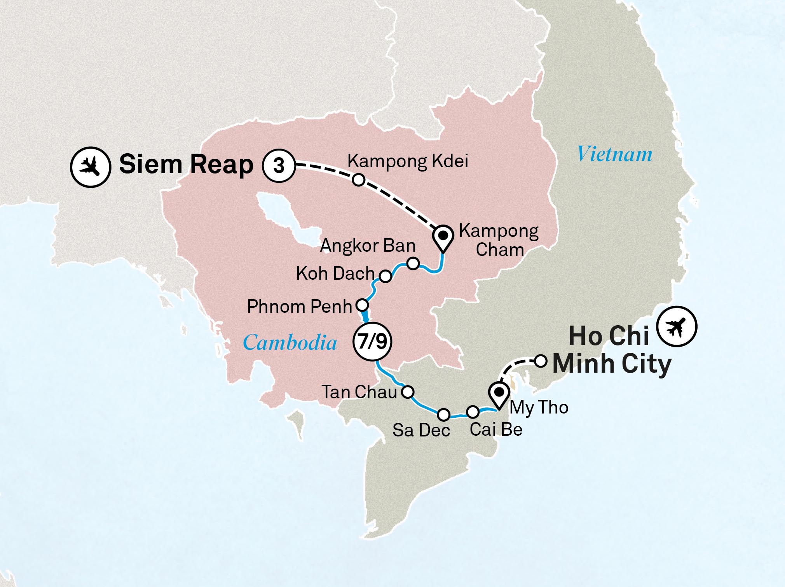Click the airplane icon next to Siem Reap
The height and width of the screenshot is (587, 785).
pos(91,167)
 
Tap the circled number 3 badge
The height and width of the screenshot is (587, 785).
pos(279,166)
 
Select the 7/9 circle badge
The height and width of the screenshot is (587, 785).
pos(372,342)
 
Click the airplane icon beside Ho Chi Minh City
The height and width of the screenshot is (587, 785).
pos(677,326)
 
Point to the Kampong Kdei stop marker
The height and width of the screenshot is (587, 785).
pos(358,180)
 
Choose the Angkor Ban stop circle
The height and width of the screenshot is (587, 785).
pos(413,263)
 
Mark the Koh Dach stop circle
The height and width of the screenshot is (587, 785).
pos(385,276)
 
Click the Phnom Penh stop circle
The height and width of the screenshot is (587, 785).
pos(362,304)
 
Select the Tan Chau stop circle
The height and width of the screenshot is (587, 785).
pos(408,392)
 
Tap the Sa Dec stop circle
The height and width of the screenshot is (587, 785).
pos(443,415)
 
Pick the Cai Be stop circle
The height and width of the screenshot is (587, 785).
pos(473,411)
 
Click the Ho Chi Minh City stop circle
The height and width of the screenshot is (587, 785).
pos(541,361)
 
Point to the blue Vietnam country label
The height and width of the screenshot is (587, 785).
pos(614,154)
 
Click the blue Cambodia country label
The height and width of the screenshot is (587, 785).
pos(290,343)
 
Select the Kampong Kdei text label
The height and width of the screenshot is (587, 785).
pos(408,161)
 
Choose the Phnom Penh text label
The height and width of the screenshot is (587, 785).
pos(299,307)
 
